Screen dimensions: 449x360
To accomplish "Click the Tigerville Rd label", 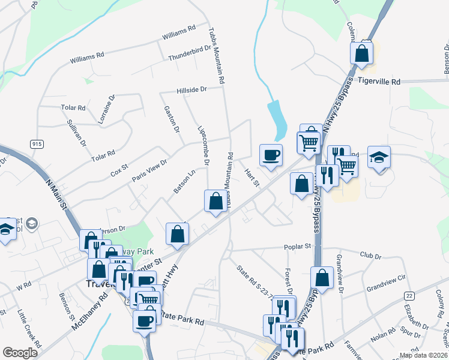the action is pos(379,81).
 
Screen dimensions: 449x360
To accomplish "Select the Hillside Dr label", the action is pos(191,89).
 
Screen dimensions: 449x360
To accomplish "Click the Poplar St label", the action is pos(298,246).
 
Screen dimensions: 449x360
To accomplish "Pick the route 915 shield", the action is pos(37,143).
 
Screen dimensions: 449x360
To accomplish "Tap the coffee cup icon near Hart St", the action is pos(271,155).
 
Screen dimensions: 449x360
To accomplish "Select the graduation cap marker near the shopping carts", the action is pos(379,157).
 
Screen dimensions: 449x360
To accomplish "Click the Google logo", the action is pos(20,353).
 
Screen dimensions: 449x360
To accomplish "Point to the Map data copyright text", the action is pos(424,355).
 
